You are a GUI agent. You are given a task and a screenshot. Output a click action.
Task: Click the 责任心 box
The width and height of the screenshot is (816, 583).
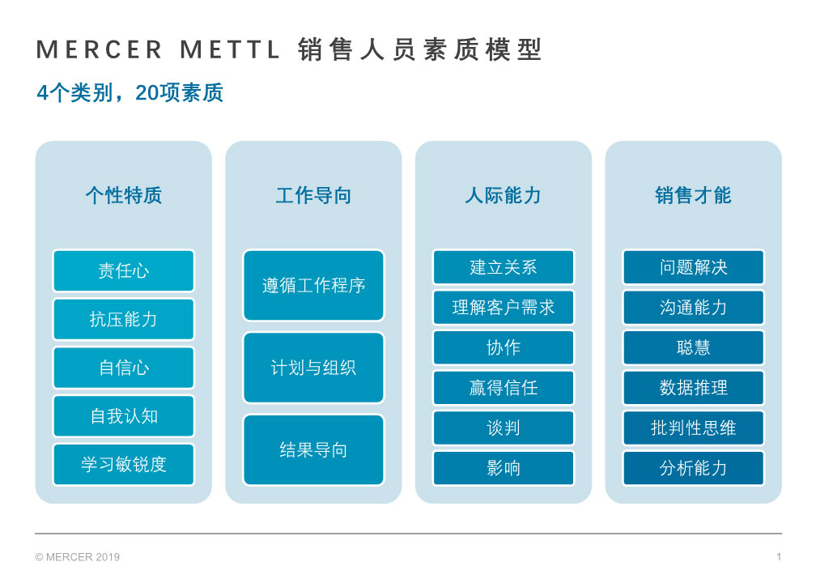click(123, 270)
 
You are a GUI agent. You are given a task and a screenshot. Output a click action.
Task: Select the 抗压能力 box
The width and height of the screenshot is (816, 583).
click(123, 319)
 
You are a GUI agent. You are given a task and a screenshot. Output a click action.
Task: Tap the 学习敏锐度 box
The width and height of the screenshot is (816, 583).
click(123, 464)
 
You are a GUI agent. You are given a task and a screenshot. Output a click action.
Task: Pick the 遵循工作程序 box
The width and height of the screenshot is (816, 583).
click(313, 285)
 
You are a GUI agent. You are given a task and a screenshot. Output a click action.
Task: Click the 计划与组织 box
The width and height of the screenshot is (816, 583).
click(313, 368)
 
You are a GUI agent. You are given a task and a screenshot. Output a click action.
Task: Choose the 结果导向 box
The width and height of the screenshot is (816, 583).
click(313, 449)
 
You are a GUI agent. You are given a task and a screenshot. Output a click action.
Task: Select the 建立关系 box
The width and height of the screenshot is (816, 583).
click(504, 267)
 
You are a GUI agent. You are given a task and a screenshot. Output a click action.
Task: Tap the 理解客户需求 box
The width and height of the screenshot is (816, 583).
click(504, 307)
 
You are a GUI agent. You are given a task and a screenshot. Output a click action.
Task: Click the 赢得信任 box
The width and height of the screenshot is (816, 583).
click(504, 388)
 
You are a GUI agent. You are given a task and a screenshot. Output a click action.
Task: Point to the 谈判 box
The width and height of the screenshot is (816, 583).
click(504, 428)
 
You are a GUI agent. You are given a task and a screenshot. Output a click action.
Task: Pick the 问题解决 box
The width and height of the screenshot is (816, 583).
click(693, 267)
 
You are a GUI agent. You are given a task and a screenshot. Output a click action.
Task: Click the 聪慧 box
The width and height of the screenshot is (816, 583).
click(693, 347)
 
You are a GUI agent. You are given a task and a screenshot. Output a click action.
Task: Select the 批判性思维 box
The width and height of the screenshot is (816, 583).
click(693, 428)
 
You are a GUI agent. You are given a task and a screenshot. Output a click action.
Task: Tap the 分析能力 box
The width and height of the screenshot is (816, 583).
click(693, 468)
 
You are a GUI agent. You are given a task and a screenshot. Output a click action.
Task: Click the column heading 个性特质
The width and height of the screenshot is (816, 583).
click(124, 196)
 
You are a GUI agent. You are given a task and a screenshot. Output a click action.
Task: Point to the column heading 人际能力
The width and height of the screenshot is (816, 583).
click(504, 196)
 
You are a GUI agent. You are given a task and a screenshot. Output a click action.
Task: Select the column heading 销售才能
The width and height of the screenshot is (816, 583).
click(693, 196)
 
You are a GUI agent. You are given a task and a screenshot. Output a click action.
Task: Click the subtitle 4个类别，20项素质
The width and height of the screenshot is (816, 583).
click(130, 92)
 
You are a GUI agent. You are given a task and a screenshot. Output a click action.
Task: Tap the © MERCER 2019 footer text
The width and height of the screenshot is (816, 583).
click(78, 557)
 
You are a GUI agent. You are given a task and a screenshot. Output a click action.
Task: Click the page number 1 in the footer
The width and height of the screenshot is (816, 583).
click(779, 557)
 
